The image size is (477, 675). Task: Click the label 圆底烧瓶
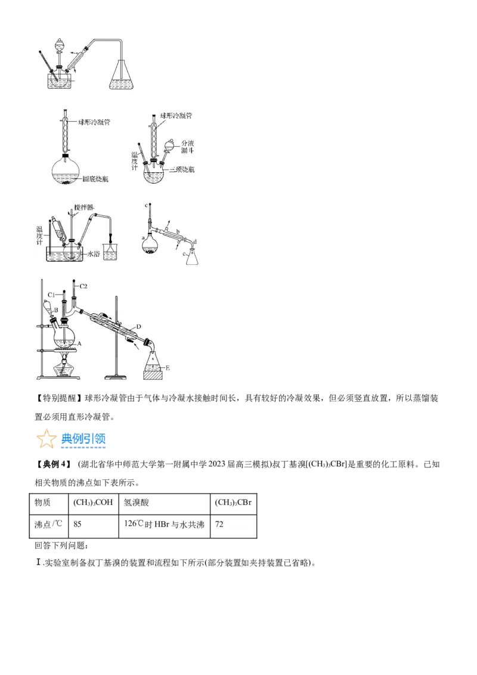(96, 178)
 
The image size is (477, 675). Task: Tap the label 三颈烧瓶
(182, 170)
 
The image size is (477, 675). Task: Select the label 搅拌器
(84, 208)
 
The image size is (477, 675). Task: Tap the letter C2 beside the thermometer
(83, 287)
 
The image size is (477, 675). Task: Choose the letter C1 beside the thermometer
(52, 295)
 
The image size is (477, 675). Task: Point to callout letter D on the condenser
(138, 327)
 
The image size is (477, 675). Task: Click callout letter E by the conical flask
(168, 368)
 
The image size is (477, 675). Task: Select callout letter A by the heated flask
(79, 344)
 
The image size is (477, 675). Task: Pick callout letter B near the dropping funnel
(55, 310)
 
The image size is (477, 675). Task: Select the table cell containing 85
(92, 524)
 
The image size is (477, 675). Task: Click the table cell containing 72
(233, 524)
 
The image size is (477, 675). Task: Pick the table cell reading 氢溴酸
(163, 503)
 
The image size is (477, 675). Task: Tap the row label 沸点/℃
(49, 524)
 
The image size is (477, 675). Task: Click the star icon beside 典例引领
(46, 439)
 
